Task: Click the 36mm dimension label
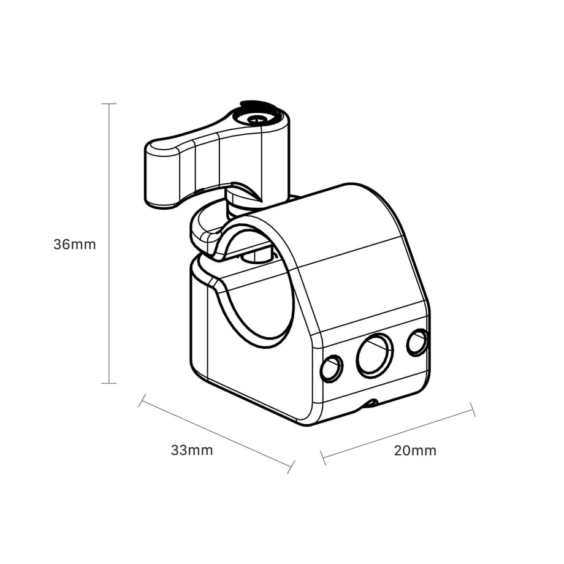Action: pos(75,245)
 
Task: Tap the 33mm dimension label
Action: pos(192,451)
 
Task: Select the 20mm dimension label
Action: pos(415,451)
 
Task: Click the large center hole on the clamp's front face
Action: pos(375,356)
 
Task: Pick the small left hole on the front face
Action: pos(332,368)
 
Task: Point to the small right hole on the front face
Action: pos(417,342)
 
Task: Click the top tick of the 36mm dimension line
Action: pos(109,104)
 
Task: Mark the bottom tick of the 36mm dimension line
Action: pos(109,383)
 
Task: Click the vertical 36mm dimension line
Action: pos(109,243)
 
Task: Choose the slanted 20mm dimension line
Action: pos(398,433)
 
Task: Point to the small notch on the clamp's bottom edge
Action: pos(370,403)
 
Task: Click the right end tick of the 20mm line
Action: pos(473,409)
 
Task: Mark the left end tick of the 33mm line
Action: pos(142,400)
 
